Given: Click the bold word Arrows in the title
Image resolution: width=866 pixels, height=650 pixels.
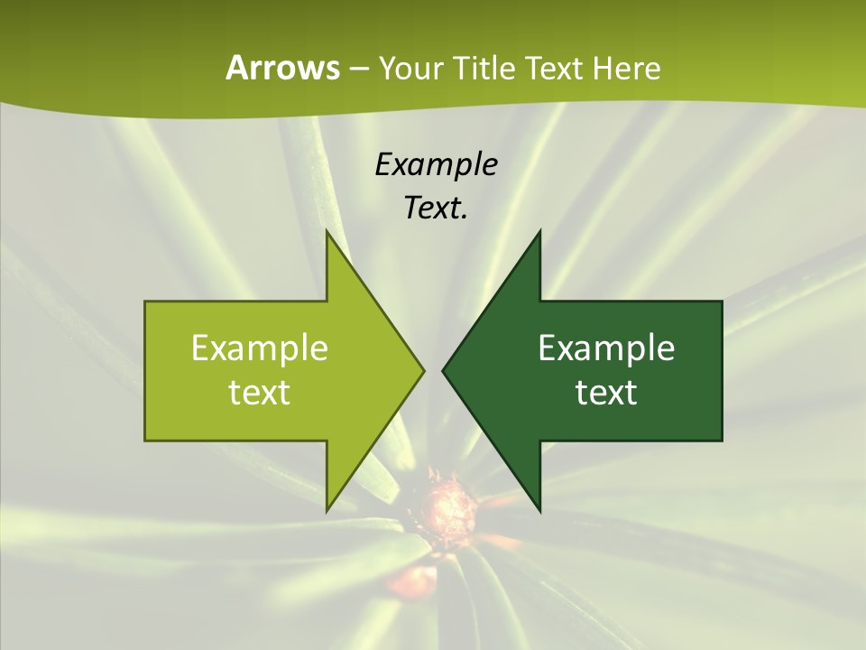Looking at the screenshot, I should pyautogui.click(x=282, y=68).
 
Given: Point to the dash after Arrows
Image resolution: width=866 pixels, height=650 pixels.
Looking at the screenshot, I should pyautogui.click(x=358, y=69).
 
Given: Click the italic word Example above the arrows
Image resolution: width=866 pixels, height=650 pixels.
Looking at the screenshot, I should pyautogui.click(x=436, y=165).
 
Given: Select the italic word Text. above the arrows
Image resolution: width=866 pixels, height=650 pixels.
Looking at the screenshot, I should pyautogui.click(x=436, y=209).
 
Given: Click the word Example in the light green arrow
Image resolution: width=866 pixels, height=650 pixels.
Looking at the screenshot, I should pyautogui.click(x=259, y=348).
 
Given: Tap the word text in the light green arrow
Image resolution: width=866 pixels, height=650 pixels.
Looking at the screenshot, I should pyautogui.click(x=259, y=392).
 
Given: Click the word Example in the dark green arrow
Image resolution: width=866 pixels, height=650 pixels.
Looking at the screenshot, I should pyautogui.click(x=606, y=348).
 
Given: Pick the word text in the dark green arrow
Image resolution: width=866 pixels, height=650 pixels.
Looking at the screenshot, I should pyautogui.click(x=606, y=392).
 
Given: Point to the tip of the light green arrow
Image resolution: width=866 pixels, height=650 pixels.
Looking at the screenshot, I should pyautogui.click(x=422, y=370).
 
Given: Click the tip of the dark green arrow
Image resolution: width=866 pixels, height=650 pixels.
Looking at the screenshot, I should pyautogui.click(x=445, y=370).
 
